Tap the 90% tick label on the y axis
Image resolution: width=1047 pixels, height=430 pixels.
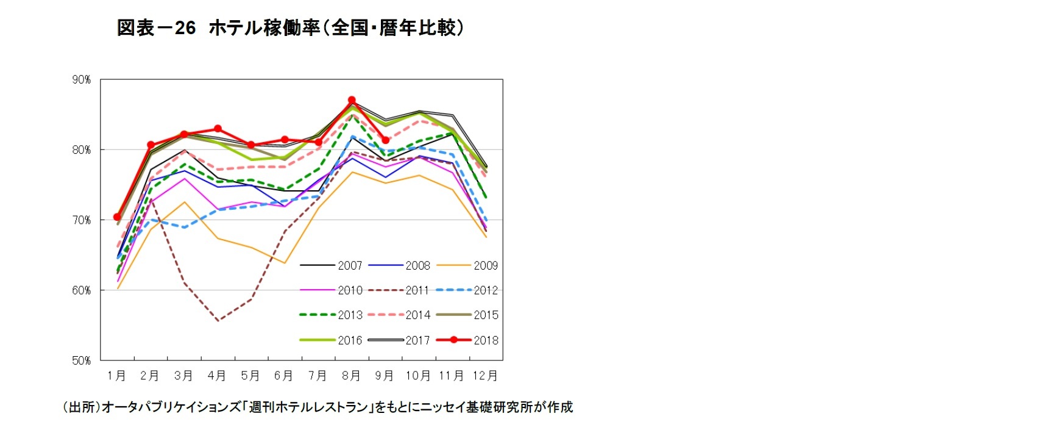tap(81, 80)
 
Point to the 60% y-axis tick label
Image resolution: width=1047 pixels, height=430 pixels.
tap(81, 290)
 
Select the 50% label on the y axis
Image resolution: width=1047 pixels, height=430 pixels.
tap(81, 360)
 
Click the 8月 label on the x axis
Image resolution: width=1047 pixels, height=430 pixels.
tap(351, 376)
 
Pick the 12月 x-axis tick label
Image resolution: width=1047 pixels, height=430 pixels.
tap(485, 376)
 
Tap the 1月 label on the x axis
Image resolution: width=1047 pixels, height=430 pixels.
tap(116, 376)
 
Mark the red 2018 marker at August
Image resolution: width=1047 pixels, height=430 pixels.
tap(352, 100)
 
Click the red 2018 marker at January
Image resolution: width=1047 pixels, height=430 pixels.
tap(117, 217)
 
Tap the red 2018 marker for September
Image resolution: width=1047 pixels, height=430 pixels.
tap(385, 140)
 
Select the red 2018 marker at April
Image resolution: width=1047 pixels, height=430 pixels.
tap(218, 129)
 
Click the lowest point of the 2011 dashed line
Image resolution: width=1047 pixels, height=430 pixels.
tap(218, 320)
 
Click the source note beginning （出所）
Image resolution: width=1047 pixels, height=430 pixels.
tap(318, 407)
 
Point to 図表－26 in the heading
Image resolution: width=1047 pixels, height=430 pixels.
tap(156, 28)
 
